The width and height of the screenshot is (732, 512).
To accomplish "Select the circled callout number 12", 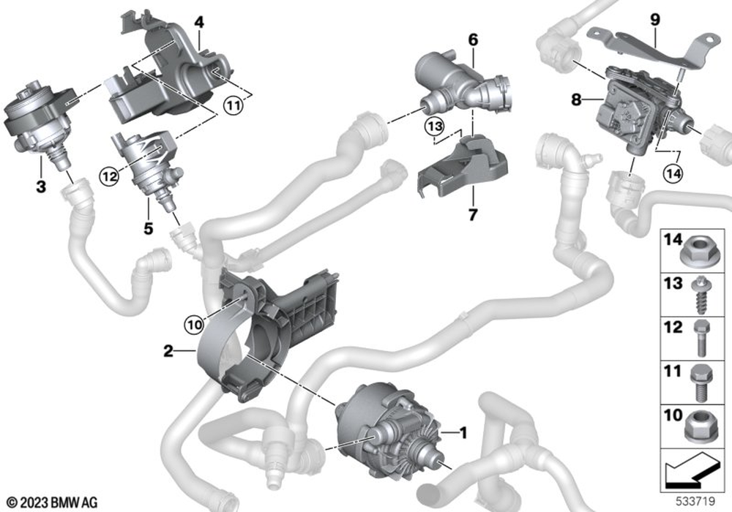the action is [109, 177].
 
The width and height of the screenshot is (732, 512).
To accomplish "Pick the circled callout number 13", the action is [434, 126].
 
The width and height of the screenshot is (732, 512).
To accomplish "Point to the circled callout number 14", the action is [672, 173].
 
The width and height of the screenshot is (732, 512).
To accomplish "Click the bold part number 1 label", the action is [463, 433].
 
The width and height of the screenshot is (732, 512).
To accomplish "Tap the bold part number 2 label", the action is [168, 350].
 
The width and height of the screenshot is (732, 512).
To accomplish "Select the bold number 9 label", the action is [655, 20].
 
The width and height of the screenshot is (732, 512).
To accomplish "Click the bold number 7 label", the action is [473, 215].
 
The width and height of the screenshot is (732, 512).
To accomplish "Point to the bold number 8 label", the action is [577, 99].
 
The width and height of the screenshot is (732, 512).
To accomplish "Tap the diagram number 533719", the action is [695, 501].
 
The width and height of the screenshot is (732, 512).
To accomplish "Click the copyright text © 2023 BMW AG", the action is [52, 502].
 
